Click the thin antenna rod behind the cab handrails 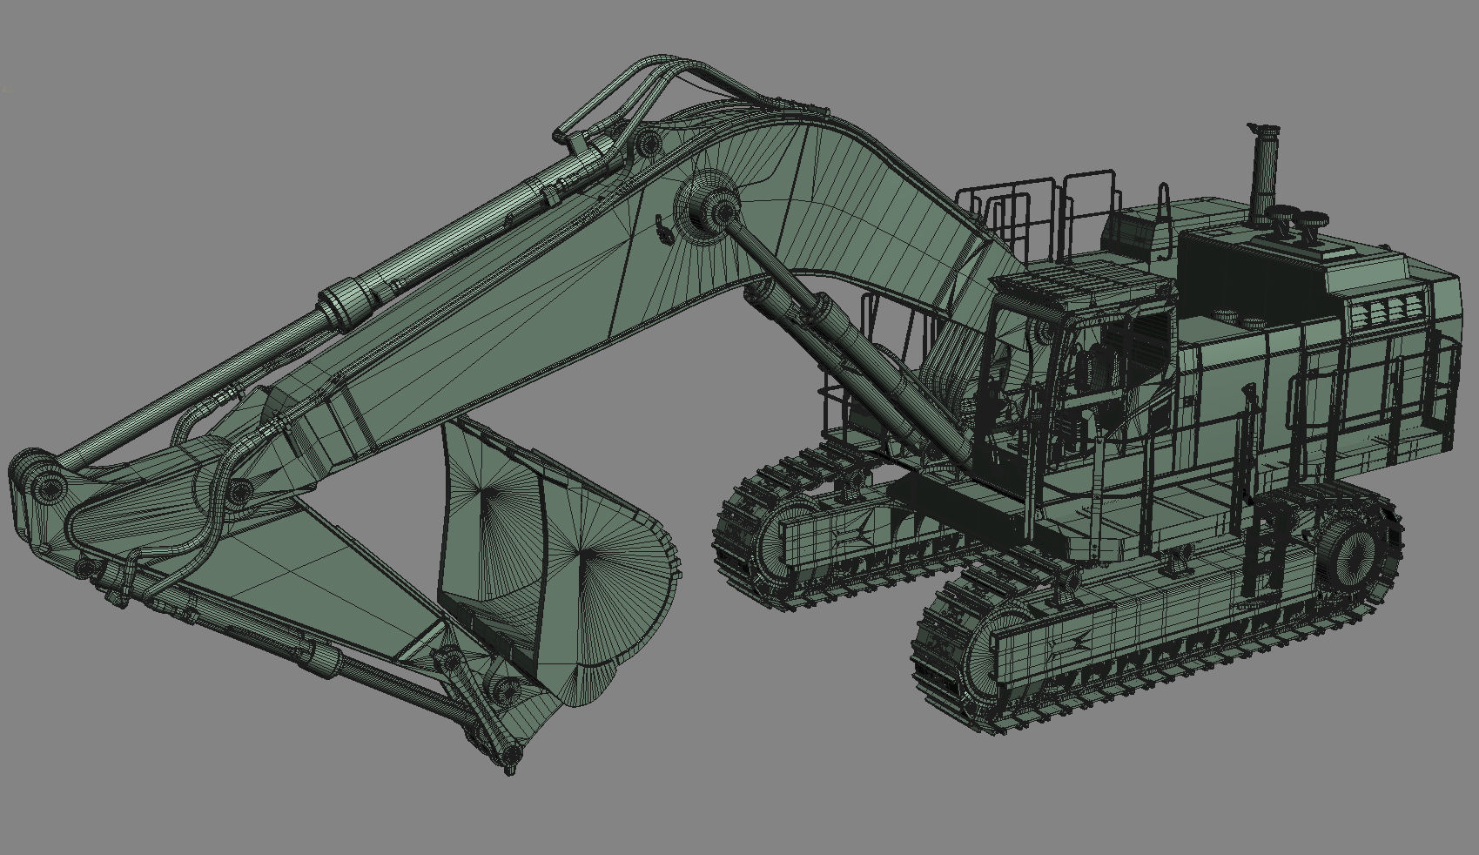point(1164,222)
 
